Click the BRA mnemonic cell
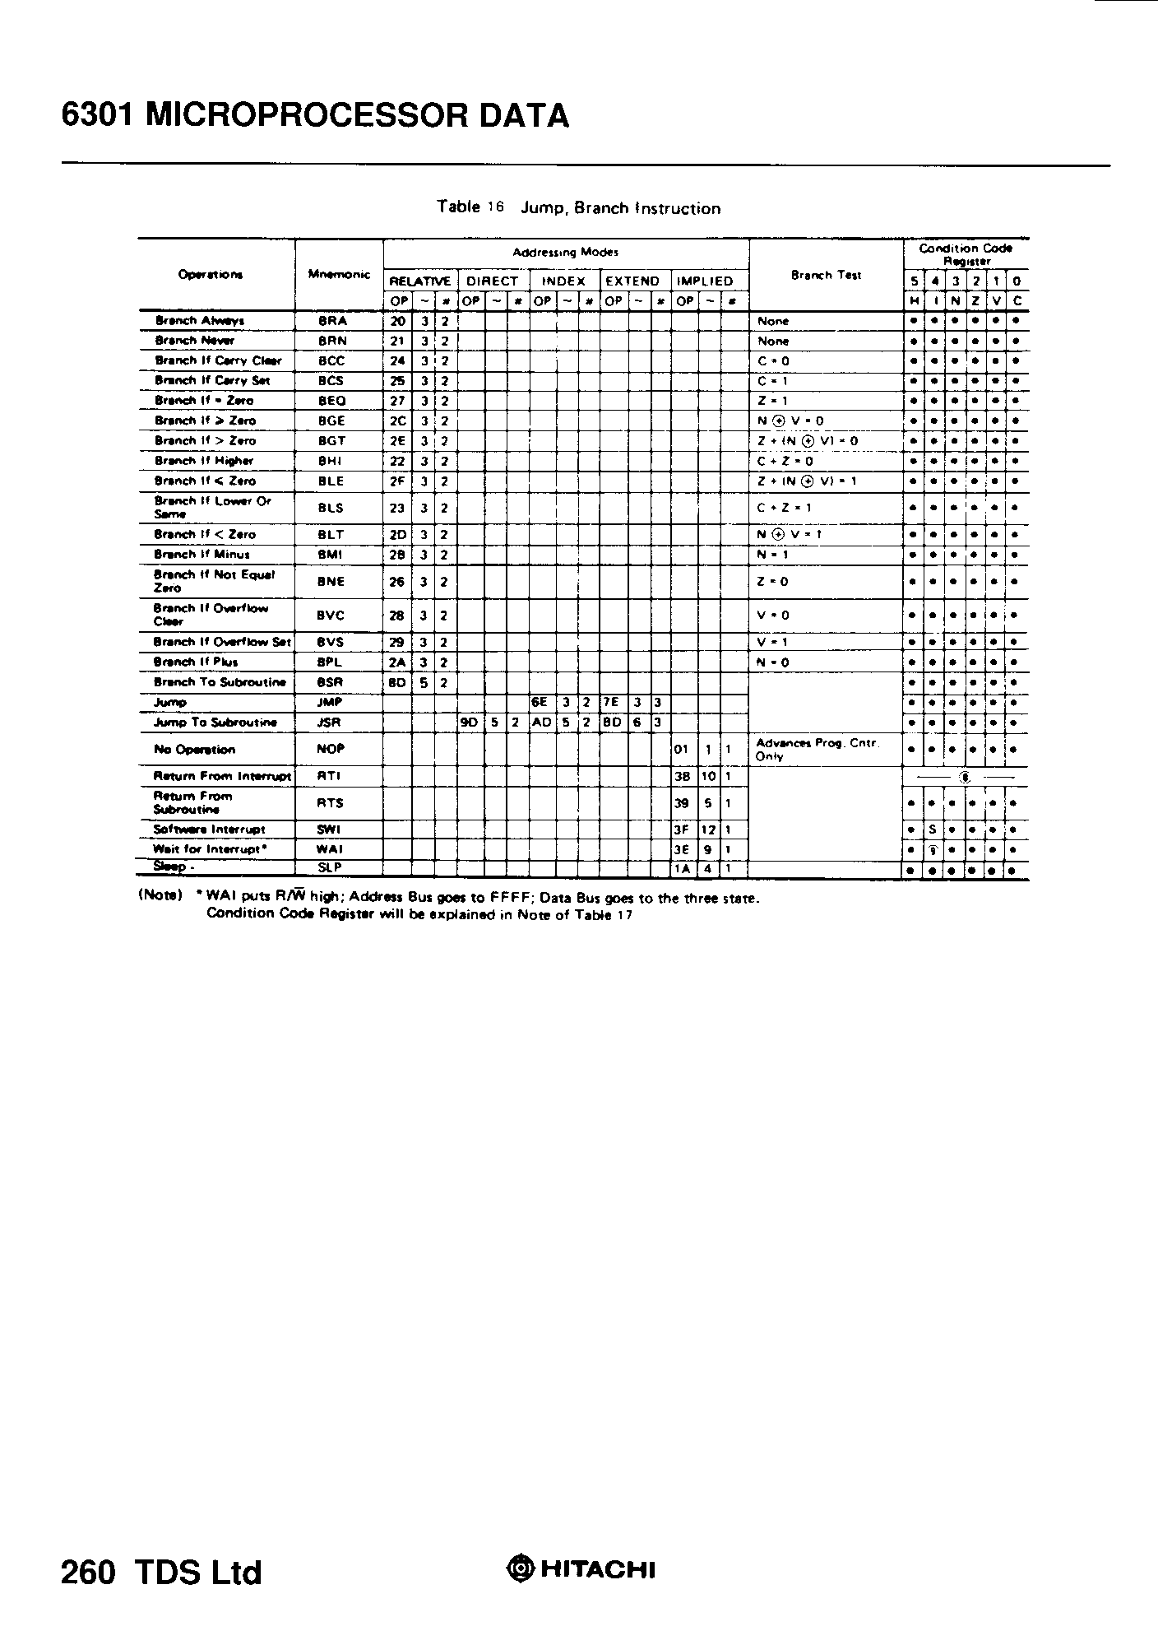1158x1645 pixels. (x=332, y=321)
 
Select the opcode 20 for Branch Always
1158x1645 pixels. (x=397, y=321)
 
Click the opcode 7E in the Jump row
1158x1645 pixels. (x=612, y=703)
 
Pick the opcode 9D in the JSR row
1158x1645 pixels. (x=470, y=723)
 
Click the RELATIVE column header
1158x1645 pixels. (x=420, y=281)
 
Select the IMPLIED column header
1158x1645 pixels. (x=704, y=281)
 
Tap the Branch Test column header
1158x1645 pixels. (x=826, y=275)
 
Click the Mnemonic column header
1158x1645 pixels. (x=339, y=275)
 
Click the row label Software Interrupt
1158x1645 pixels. (x=209, y=829)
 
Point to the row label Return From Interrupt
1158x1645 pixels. (x=222, y=776)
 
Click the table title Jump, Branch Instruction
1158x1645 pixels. (x=620, y=208)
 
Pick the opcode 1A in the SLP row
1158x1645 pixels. (x=681, y=867)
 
